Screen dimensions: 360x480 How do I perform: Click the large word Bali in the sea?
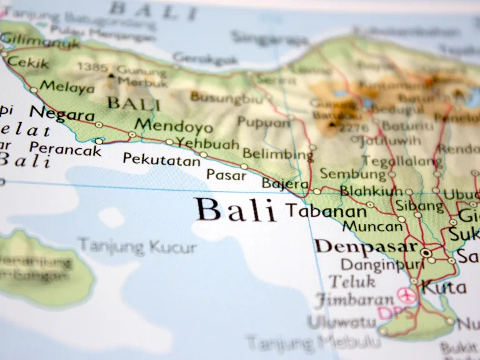[x=236, y=211]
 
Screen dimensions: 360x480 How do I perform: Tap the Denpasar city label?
[x=366, y=246]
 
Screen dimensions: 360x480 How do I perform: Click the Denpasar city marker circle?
[x=426, y=252]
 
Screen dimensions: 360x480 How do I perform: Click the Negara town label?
[x=62, y=114]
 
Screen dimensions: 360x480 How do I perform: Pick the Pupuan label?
[x=264, y=122]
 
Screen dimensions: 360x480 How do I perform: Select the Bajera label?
[x=285, y=184]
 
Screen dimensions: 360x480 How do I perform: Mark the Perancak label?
[x=65, y=149]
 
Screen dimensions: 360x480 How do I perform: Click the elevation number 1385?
[x=92, y=67]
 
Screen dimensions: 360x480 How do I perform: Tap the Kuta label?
[x=444, y=287]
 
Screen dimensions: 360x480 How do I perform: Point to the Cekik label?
[x=28, y=63]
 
